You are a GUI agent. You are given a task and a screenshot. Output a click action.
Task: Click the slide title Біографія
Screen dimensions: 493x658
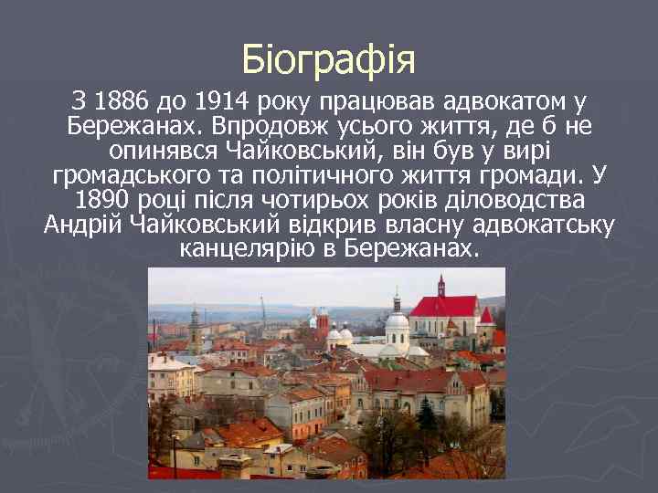tap(329, 60)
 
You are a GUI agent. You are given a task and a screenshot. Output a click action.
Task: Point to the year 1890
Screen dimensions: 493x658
tap(104, 200)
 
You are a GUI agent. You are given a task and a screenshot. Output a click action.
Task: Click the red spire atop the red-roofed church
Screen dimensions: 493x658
tap(441, 285)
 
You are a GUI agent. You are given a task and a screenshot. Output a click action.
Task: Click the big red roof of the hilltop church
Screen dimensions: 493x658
tap(445, 306)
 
